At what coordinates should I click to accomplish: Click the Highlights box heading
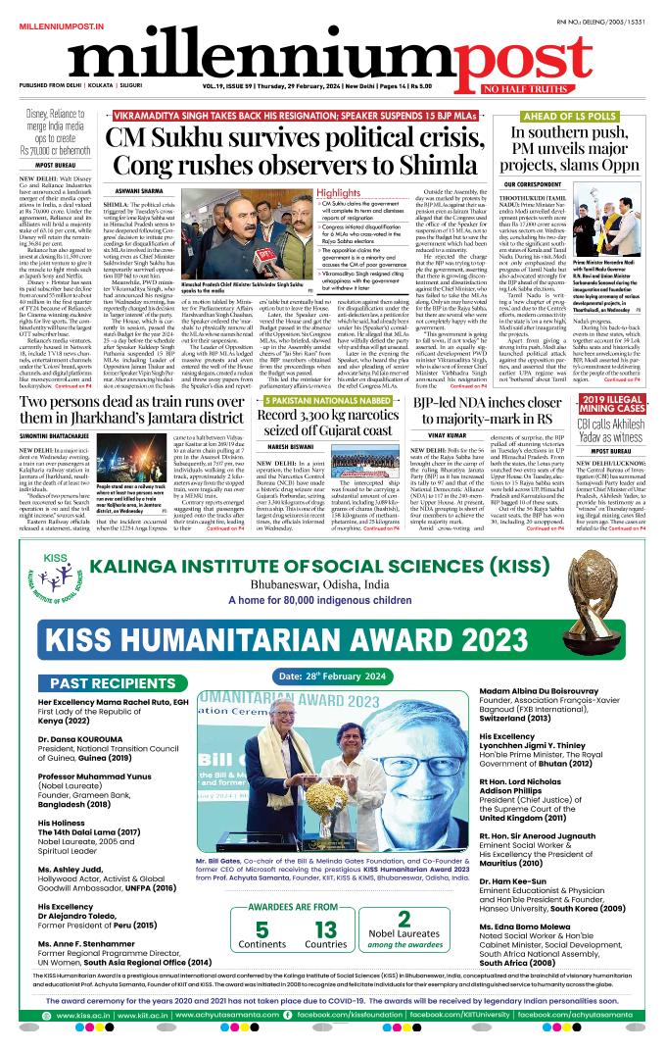point(338,193)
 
